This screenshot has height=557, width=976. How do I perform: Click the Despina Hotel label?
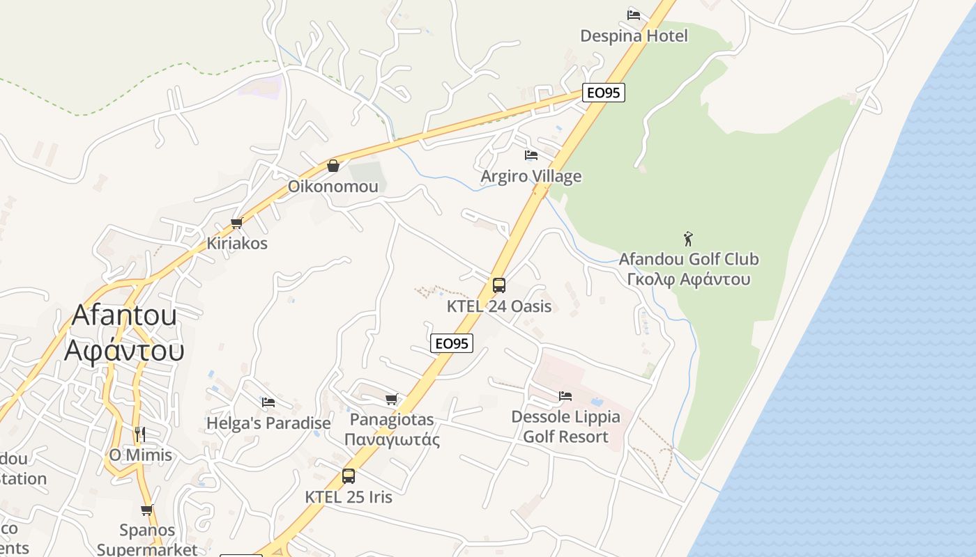pyautogui.click(x=634, y=36)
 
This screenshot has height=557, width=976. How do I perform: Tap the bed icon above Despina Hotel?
pyautogui.click(x=633, y=15)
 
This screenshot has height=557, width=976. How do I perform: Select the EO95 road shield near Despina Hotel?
pyautogui.click(x=604, y=93)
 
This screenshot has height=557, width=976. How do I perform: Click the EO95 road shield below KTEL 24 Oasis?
pyautogui.click(x=452, y=343)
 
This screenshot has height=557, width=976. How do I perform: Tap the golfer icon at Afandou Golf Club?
pyautogui.click(x=689, y=239)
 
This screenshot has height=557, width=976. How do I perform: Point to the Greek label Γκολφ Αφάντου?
pyautogui.click(x=689, y=280)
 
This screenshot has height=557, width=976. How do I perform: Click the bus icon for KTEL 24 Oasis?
pyautogui.click(x=499, y=285)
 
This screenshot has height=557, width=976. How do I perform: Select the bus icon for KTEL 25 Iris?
pyautogui.click(x=349, y=476)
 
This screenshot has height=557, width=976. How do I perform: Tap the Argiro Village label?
pyautogui.click(x=531, y=176)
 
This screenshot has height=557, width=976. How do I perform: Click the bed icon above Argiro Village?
pyautogui.click(x=531, y=155)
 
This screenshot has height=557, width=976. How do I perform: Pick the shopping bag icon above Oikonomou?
pyautogui.click(x=333, y=166)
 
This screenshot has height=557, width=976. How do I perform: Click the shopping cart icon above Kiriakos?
pyautogui.click(x=236, y=223)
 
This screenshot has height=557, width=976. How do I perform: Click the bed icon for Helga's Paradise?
pyautogui.click(x=268, y=402)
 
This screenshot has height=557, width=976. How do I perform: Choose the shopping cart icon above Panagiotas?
pyautogui.click(x=391, y=400)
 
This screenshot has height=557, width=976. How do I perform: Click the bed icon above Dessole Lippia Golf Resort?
pyautogui.click(x=565, y=396)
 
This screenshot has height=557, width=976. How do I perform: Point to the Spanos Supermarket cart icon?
pyautogui.click(x=147, y=510)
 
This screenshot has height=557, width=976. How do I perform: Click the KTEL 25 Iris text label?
pyautogui.click(x=349, y=497)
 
